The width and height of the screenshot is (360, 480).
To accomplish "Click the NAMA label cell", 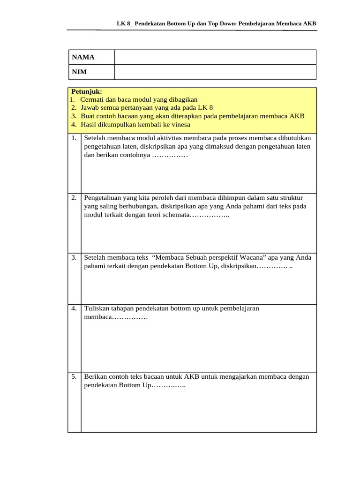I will click(x=83, y=57).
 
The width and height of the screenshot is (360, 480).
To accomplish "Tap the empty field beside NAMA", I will click(x=215, y=57).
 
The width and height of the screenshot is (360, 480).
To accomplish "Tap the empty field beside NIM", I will click(x=215, y=72).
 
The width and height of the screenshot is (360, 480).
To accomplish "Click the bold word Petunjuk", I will click(x=86, y=91).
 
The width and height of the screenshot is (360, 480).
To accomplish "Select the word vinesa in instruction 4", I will click(x=180, y=124).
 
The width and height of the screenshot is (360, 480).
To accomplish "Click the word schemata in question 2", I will click(x=175, y=214).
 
